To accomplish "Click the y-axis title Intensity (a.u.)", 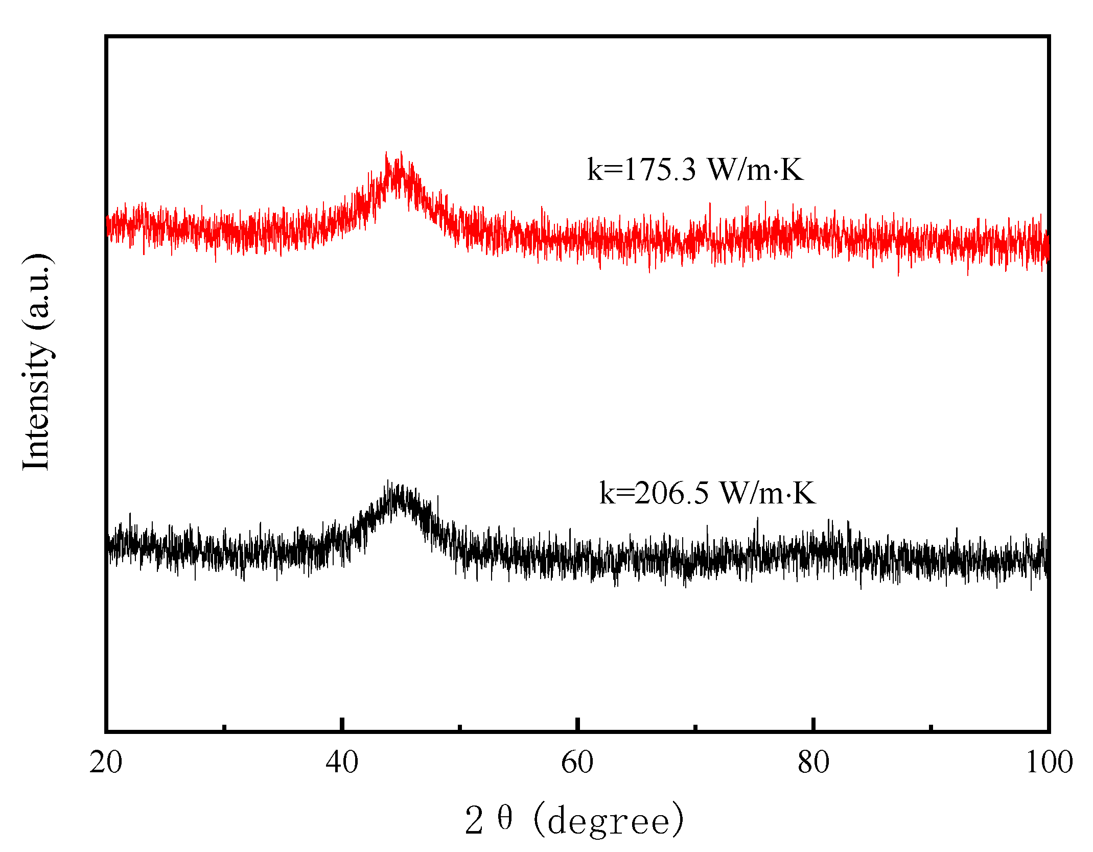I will coord(37,362).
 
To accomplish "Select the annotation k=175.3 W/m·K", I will coord(695,169).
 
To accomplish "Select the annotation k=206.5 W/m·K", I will coord(707,493).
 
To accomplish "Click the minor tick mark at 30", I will coord(224,727).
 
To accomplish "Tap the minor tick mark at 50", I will coord(460,727).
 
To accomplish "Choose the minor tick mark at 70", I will coord(695,727).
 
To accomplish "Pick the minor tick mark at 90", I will coord(931,727).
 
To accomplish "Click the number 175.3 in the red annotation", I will coord(660,169).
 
